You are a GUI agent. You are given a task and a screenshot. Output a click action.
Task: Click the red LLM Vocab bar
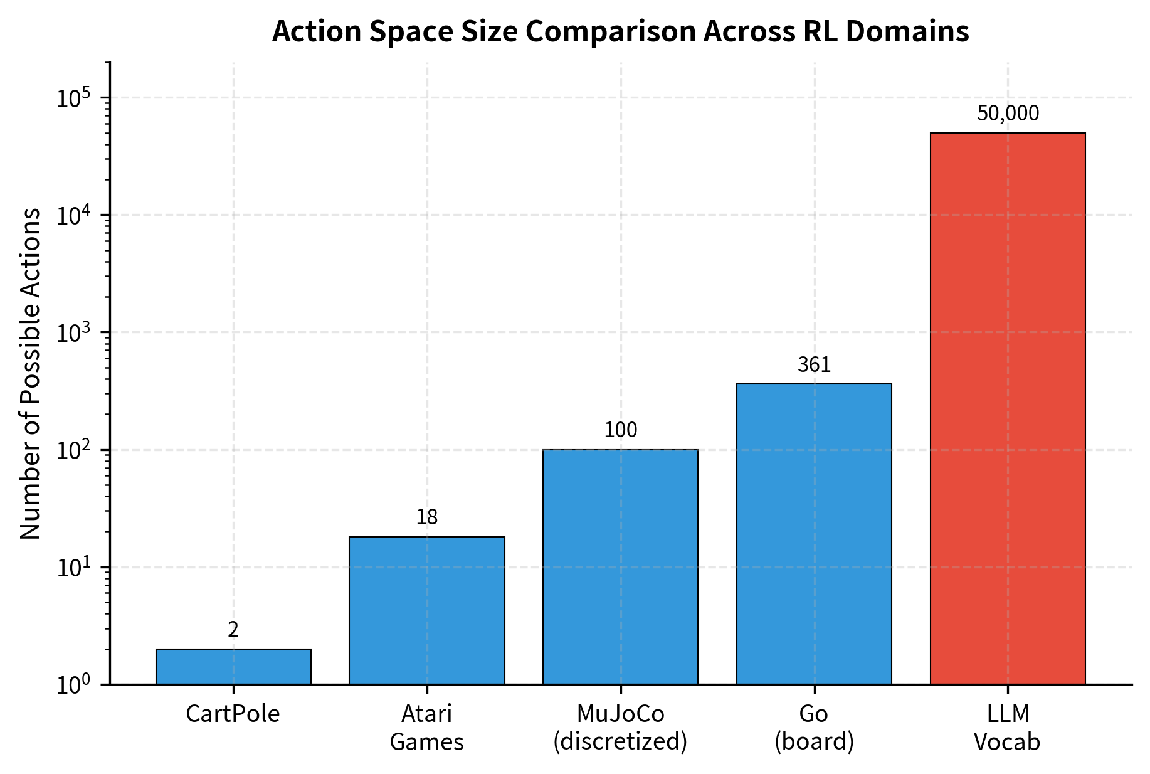coord(1007,408)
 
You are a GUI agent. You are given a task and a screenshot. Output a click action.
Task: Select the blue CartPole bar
coord(233,666)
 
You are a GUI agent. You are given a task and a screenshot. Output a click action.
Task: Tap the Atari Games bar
coord(426,610)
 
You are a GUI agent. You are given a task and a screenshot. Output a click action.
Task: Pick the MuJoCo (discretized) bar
coord(620,566)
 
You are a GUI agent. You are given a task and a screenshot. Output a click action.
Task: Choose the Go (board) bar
coord(814,533)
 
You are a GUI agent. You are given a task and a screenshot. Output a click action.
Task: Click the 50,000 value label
coord(1008,114)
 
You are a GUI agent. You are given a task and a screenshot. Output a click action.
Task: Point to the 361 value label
coord(814,365)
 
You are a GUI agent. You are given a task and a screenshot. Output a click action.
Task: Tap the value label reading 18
coord(426,517)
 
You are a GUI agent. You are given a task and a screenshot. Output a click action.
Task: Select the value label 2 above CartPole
coord(233,630)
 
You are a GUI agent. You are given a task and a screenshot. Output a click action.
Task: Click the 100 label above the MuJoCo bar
coord(620,430)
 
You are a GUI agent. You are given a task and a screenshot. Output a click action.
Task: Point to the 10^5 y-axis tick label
coord(73,98)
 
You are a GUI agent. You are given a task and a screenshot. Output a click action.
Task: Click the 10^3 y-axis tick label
coord(73,333)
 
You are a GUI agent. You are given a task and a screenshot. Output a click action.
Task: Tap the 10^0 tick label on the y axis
coord(73,685)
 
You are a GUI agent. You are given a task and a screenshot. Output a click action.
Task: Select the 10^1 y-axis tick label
coord(73,568)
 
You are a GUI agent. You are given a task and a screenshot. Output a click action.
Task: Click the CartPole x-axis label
coord(233,714)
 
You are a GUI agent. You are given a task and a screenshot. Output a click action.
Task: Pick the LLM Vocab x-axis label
coord(1007,728)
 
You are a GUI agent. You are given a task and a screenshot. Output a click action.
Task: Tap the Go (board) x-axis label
coord(814,728)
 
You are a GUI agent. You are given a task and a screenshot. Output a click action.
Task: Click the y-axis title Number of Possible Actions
coord(30,373)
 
